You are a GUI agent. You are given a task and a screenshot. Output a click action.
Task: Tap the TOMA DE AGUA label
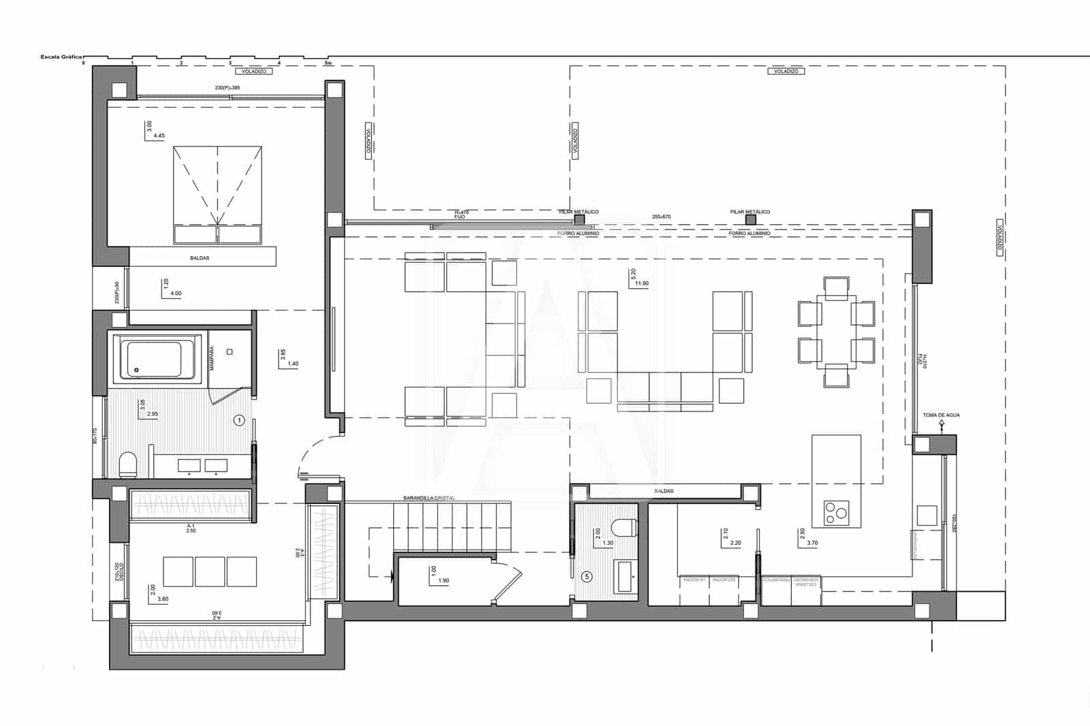[x=941, y=415]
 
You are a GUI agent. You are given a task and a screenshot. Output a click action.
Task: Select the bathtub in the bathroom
[x=155, y=358]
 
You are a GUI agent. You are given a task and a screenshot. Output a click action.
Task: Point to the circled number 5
[x=588, y=576]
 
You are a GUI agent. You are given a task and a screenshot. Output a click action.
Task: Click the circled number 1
[x=239, y=420]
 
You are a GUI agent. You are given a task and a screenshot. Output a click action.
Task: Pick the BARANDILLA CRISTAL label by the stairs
[x=429, y=499]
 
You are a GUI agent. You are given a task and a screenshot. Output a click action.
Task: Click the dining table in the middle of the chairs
[x=837, y=332]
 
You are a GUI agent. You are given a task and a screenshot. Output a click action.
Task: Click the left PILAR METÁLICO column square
[x=579, y=220]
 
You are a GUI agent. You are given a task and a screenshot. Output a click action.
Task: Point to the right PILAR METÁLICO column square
[x=750, y=220]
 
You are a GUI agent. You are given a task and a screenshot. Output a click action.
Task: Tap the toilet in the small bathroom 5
[x=625, y=527]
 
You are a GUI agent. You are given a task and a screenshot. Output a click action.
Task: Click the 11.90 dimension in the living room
[x=641, y=283]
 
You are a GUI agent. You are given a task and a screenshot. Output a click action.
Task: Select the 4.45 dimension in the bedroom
[x=159, y=136]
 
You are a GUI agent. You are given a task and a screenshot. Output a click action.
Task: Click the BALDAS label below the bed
[x=200, y=258]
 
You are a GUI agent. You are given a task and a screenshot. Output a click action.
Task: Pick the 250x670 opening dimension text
[x=661, y=217]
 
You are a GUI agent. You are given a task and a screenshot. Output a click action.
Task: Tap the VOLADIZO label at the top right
[x=786, y=71]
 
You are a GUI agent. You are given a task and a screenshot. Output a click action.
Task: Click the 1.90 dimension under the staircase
[x=443, y=580]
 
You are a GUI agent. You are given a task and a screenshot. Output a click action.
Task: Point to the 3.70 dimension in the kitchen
[x=812, y=543]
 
